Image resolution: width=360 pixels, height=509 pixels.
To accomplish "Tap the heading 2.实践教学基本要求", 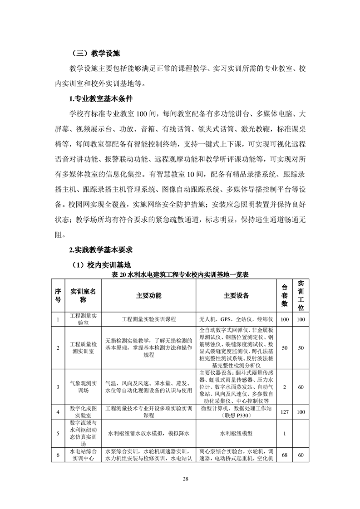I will (x=100, y=250).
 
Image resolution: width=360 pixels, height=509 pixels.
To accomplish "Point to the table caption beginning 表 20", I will (x=180, y=274).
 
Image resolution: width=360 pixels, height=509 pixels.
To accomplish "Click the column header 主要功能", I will (x=148, y=295).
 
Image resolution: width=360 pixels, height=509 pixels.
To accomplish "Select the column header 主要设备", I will (x=236, y=295).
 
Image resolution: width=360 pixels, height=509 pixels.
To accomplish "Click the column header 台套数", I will (x=285, y=295).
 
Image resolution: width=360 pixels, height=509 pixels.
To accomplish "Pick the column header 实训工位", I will (x=301, y=295).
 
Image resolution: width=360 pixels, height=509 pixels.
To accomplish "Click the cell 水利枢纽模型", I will (x=236, y=433).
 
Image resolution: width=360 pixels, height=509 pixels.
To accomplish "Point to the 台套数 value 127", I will (x=285, y=412).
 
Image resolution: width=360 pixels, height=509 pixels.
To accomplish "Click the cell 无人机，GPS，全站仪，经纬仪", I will (x=236, y=319).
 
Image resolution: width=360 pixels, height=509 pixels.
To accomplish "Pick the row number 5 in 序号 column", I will (x=58, y=433).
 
